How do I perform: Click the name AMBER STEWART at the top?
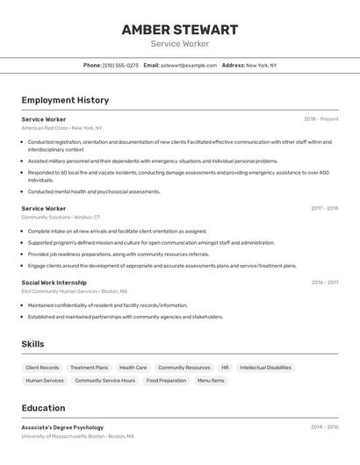180,29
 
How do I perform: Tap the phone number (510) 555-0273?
120,65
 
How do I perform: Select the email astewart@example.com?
188,65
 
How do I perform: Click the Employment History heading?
65,100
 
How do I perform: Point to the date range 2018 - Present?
320,118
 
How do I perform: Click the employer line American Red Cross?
61,127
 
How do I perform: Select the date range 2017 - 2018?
324,208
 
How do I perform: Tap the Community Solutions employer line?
61,217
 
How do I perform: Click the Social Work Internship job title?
54,283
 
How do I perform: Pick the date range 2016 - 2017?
324,283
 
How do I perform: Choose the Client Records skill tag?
42,368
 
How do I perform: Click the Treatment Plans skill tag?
89,368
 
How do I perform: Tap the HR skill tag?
225,368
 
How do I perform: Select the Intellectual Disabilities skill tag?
265,368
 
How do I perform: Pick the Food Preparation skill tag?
166,381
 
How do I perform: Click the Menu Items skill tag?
211,381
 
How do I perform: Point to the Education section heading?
43,408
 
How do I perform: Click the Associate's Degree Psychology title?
62,427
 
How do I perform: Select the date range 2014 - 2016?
324,427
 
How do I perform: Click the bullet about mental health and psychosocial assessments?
94,191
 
